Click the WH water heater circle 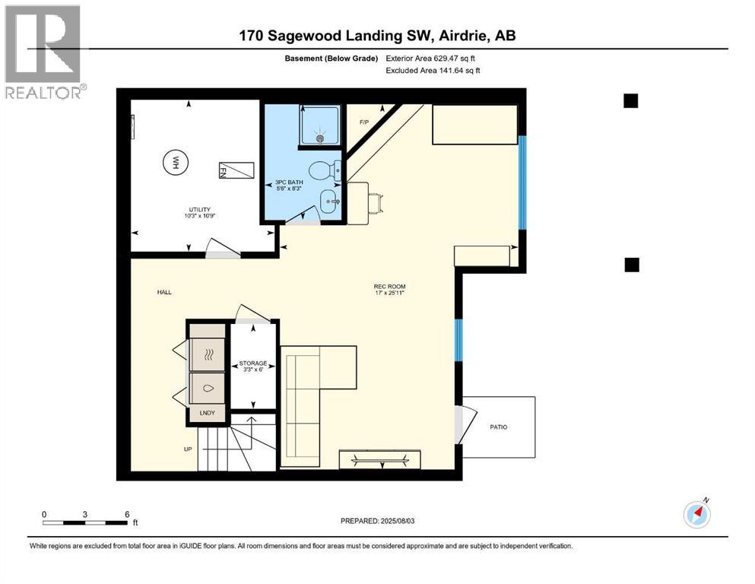(x=176, y=162)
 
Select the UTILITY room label (x=200, y=212)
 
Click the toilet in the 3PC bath (x=322, y=170)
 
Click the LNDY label (x=208, y=413)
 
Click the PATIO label (x=498, y=427)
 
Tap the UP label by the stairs (x=188, y=449)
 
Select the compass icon (x=697, y=514)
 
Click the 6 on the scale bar (x=126, y=514)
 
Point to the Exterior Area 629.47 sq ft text (x=433, y=59)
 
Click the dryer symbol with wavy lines (x=208, y=353)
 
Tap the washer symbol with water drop (x=208, y=388)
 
